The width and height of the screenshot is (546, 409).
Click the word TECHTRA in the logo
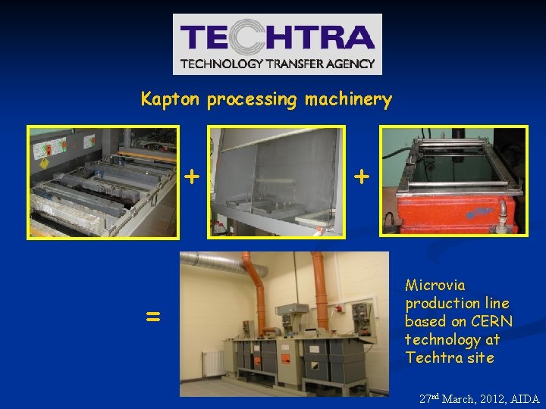tap(278, 37)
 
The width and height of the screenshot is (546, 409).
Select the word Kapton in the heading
tap(171, 99)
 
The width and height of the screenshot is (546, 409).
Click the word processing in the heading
tap(253, 100)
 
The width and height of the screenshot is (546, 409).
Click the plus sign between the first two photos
tap(193, 177)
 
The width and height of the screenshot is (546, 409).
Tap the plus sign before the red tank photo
tap(362, 177)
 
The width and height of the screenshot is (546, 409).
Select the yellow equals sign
tap(152, 317)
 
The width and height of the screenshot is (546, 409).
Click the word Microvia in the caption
tap(435, 286)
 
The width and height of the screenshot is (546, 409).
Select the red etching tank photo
tap(453, 183)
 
